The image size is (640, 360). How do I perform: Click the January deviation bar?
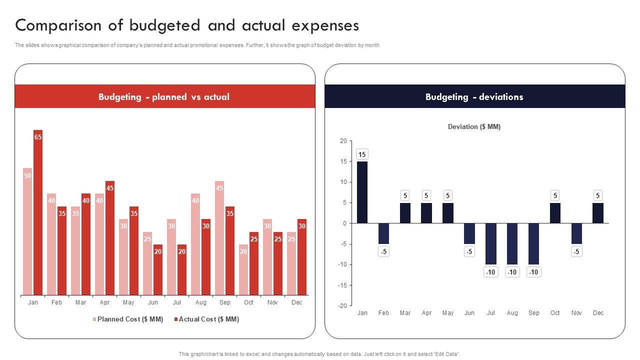362,192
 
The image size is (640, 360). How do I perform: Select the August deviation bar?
512,244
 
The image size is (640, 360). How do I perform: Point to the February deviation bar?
383,233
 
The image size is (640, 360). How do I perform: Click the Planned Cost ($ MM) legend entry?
128,319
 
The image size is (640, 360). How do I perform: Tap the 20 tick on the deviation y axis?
343,141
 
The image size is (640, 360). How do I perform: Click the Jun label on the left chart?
152,302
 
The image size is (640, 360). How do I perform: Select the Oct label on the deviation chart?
555,313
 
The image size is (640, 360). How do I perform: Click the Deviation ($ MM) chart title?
474,127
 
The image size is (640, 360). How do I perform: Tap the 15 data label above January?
362,154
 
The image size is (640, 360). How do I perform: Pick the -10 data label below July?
490,272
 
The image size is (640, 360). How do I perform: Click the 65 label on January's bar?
38,136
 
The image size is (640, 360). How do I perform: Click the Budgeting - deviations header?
474,97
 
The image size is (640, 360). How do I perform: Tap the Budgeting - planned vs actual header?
164,97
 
